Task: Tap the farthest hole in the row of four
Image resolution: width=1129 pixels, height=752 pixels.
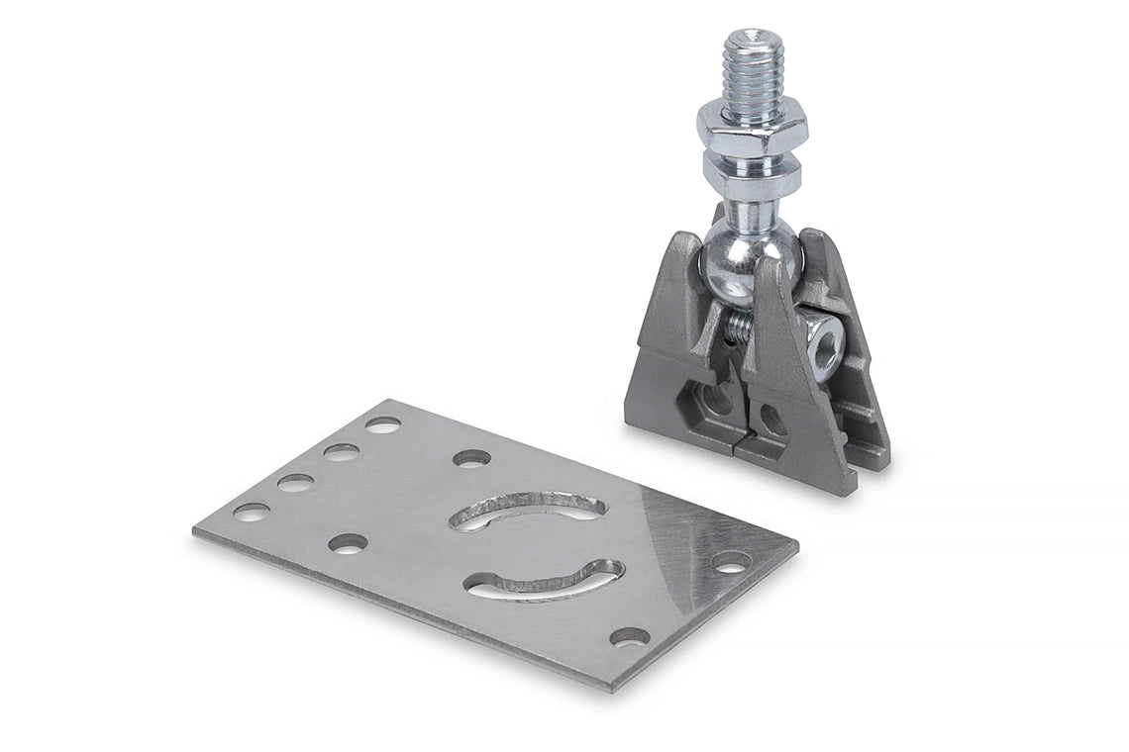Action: coord(382,424)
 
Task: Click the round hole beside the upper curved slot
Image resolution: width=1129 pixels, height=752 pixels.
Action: coord(471,459)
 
